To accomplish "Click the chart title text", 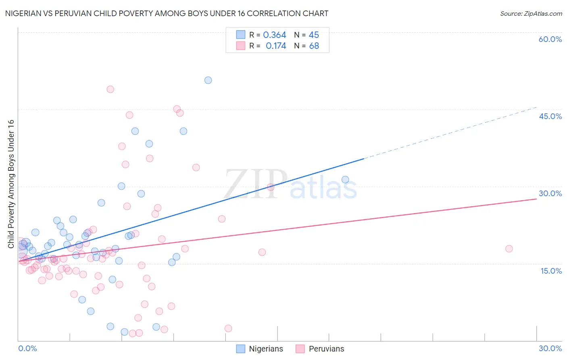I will point(167,13).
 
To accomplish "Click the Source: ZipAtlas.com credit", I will point(531,13).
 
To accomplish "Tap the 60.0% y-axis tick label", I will point(550,39).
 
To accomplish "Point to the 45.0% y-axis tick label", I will point(550,116).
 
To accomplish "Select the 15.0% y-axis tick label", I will point(551,271).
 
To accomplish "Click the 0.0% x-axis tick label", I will point(27,348).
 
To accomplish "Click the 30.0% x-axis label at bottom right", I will point(550,348).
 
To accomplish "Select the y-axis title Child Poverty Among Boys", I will point(11,184).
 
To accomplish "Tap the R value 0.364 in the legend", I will point(275,35).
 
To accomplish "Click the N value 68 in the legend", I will point(314,46).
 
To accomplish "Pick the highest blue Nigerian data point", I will point(208,80).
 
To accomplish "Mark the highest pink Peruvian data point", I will point(110,90).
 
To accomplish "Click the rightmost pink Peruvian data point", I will point(509,249).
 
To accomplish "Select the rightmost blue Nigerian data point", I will point(345,180).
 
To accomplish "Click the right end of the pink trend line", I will point(536,199).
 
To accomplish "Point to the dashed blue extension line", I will point(452,133).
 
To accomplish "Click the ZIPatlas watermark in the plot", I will point(290,184).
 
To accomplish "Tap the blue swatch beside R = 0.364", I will point(241,35).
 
